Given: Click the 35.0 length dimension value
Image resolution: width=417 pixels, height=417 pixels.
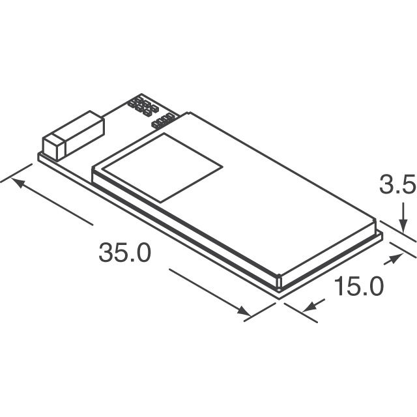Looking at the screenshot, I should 124,252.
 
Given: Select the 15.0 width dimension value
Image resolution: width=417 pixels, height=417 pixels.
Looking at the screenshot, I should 359,287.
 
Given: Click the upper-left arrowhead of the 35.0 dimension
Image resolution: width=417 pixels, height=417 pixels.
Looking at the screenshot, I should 18,182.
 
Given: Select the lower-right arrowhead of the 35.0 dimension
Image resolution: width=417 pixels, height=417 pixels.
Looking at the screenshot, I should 245,312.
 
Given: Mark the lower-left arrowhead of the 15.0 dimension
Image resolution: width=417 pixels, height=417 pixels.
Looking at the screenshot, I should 306,304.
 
